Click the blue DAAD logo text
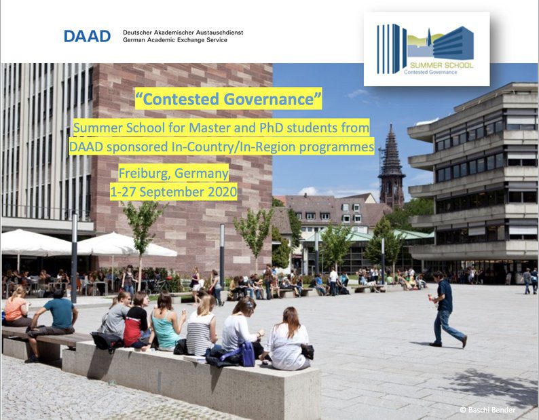point(88,36)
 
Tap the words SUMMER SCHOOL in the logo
point(441,65)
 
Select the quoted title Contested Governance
point(229,98)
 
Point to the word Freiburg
point(144,173)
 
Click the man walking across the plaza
point(447,309)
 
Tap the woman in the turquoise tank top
point(166,322)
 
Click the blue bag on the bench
point(247,354)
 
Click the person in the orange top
point(16,307)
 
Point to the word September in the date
point(172,192)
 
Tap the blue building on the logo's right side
point(453,43)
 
